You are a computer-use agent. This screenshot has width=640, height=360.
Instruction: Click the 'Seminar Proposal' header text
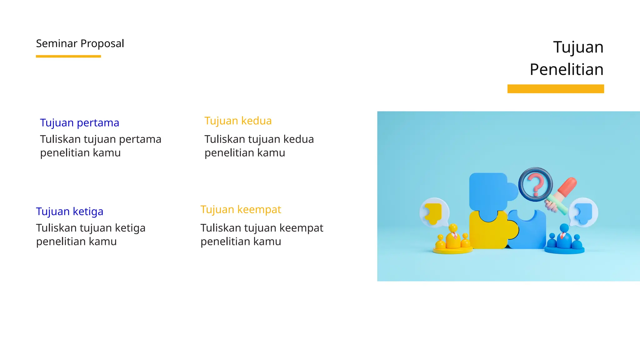[80, 43]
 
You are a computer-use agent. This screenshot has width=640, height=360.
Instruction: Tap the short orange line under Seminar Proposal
[68, 56]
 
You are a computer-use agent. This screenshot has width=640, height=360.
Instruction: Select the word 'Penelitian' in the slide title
[566, 69]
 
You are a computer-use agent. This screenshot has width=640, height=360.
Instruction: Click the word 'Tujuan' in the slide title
[578, 47]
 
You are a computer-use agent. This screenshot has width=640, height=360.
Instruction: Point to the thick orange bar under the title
[555, 89]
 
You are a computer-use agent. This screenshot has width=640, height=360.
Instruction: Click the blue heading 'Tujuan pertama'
[79, 123]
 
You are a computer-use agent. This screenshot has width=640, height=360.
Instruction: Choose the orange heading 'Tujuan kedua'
[238, 121]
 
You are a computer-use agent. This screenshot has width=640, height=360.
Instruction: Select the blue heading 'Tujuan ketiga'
[69, 212]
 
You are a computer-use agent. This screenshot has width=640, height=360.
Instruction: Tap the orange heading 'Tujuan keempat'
[241, 210]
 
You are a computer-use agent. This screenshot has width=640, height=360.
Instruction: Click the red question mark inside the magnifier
[536, 185]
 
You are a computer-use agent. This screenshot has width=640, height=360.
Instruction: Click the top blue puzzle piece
[489, 191]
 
